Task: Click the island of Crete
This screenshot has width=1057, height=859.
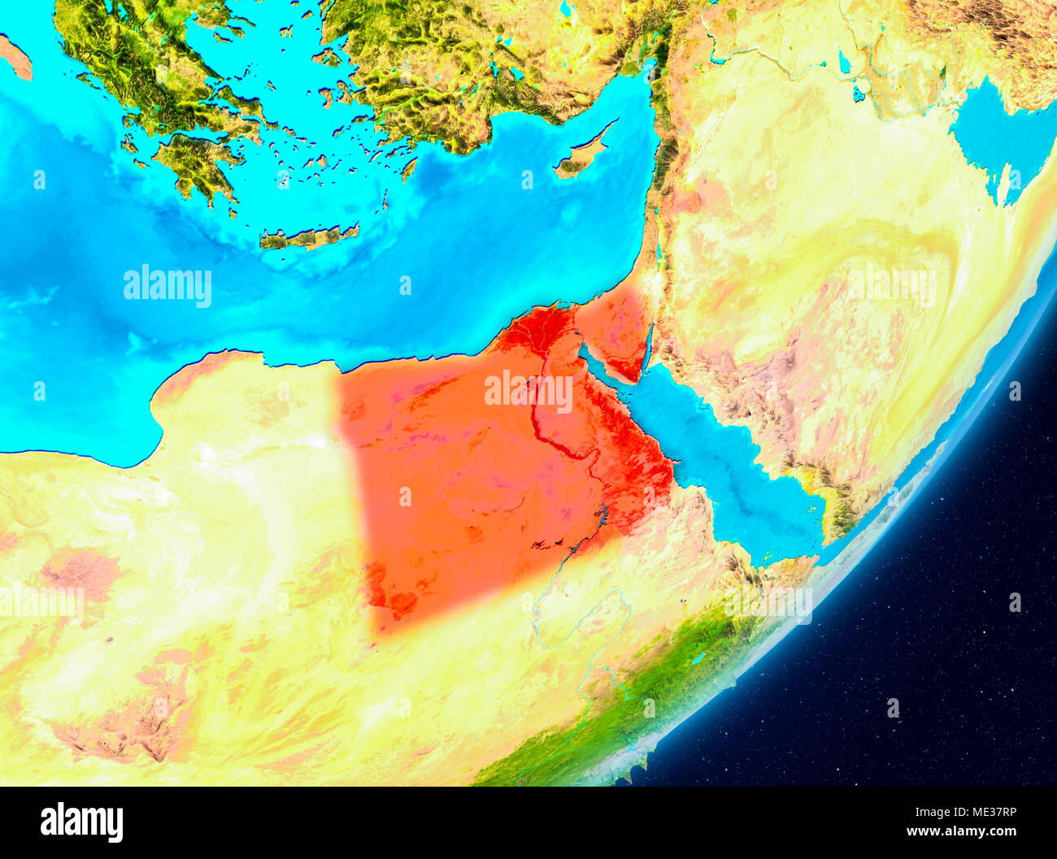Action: click(x=308, y=237)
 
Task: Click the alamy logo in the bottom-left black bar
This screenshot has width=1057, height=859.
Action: click(x=81, y=822)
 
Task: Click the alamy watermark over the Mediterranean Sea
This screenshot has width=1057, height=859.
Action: click(x=167, y=285)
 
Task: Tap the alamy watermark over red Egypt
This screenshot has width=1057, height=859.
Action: click(x=528, y=391)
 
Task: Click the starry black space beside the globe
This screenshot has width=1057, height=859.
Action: click(x=935, y=691)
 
